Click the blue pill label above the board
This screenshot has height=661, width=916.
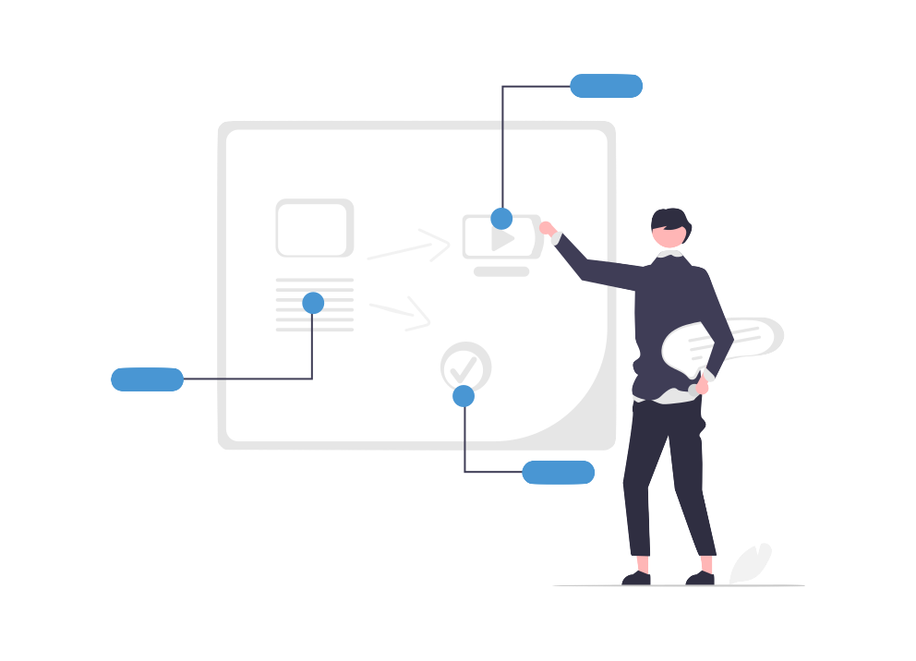tap(606, 86)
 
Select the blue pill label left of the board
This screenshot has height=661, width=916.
tap(147, 379)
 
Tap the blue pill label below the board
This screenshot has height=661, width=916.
tap(558, 473)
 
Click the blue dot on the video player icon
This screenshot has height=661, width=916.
tap(501, 219)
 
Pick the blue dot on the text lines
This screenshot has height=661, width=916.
tap(313, 303)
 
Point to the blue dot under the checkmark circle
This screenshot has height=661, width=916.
tap(464, 396)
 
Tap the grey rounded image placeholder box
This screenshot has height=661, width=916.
tap(314, 228)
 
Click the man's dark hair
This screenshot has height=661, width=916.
tap(671, 220)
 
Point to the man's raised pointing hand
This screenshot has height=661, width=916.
tap(548, 229)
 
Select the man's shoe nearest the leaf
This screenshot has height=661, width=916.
tap(701, 577)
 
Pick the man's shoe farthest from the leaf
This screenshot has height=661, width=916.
tap(636, 578)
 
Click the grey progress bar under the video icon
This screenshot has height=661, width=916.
tap(501, 271)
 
